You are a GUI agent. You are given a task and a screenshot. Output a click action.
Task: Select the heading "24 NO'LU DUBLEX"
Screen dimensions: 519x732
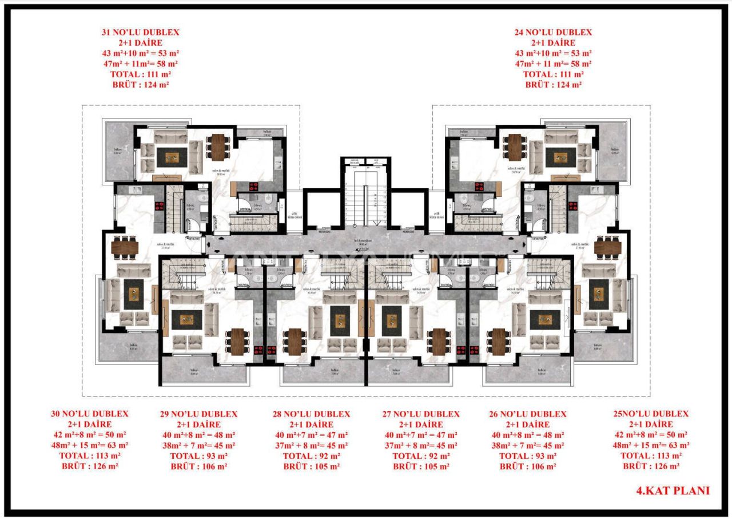[x=553, y=33]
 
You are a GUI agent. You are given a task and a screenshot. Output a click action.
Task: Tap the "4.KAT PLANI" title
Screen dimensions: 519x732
[x=673, y=490]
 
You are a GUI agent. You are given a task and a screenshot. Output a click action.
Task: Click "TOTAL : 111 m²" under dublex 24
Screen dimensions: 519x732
[x=553, y=74]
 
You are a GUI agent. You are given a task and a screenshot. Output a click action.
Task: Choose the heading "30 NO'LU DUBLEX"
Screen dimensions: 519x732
[x=89, y=414]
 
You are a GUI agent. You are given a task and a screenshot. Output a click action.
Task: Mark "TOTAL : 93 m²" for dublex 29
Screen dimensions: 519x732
[x=198, y=456]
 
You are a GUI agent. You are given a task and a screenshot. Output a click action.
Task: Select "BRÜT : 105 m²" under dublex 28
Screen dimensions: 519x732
[x=311, y=466]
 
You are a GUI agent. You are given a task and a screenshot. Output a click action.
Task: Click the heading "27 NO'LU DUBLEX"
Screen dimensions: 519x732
[x=420, y=414]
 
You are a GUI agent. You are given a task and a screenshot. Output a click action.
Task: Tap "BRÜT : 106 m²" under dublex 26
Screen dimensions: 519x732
[x=528, y=466]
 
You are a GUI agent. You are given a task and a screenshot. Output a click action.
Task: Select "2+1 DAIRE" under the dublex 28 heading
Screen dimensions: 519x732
[x=311, y=425]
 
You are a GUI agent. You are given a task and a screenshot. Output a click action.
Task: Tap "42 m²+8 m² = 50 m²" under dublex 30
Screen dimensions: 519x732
[x=89, y=435]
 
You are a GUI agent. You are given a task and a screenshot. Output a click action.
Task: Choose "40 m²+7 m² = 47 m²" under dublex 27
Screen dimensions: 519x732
[x=420, y=435]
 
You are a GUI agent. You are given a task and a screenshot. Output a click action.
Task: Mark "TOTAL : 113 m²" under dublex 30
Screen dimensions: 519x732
[x=89, y=456]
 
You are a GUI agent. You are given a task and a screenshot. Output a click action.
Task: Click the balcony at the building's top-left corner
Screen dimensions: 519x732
[x=118, y=152]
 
